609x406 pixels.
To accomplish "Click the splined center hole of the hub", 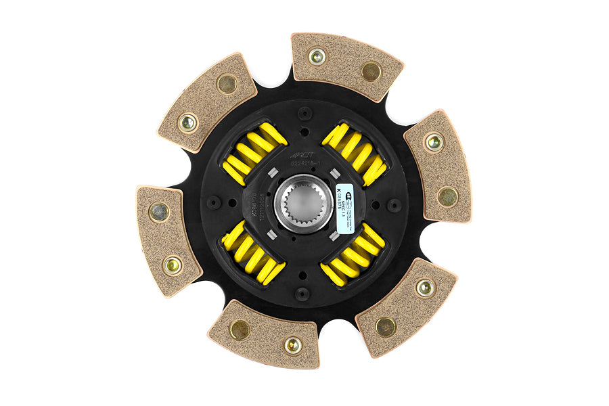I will coord(303,203).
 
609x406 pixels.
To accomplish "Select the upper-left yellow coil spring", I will coord(254,153).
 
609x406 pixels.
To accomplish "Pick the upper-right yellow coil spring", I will coord(355,153).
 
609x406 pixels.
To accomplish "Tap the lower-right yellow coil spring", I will coord(353,254).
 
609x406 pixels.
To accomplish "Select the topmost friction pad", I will coord(346,64).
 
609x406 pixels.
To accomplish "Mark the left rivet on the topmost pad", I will coord(316,57).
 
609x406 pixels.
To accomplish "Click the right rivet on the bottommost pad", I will coord(292,345).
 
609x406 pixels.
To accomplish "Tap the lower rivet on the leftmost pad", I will coord(173,265).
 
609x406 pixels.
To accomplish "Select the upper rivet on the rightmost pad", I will coord(433,142).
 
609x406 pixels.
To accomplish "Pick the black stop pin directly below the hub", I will coord(303,294).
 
